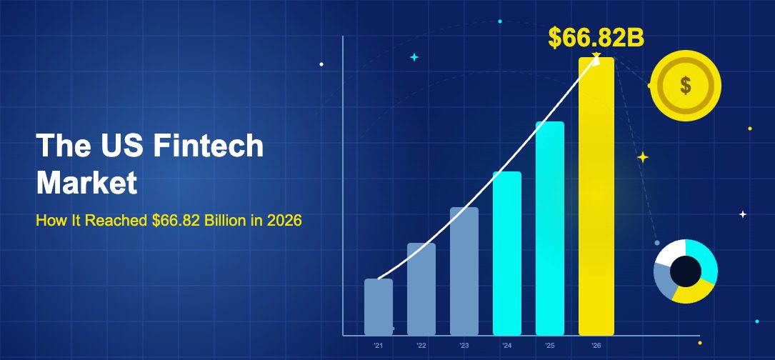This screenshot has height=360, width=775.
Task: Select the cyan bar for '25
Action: (x=550, y=229)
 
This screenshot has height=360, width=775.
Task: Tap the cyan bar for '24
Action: (x=507, y=254)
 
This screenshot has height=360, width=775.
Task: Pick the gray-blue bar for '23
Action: (x=464, y=271)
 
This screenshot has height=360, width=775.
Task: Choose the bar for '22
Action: (x=421, y=289)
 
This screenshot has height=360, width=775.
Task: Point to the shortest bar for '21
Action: (x=379, y=307)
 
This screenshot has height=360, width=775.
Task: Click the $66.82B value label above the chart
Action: (x=596, y=38)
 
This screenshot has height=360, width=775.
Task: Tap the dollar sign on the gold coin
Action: (x=686, y=86)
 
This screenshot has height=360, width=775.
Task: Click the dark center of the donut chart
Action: (x=685, y=271)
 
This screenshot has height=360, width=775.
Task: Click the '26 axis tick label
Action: (x=595, y=346)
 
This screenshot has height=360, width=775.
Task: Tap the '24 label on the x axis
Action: (x=506, y=346)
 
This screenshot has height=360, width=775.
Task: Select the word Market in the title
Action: (x=86, y=183)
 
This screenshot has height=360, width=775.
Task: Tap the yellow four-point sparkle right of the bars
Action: (x=643, y=157)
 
